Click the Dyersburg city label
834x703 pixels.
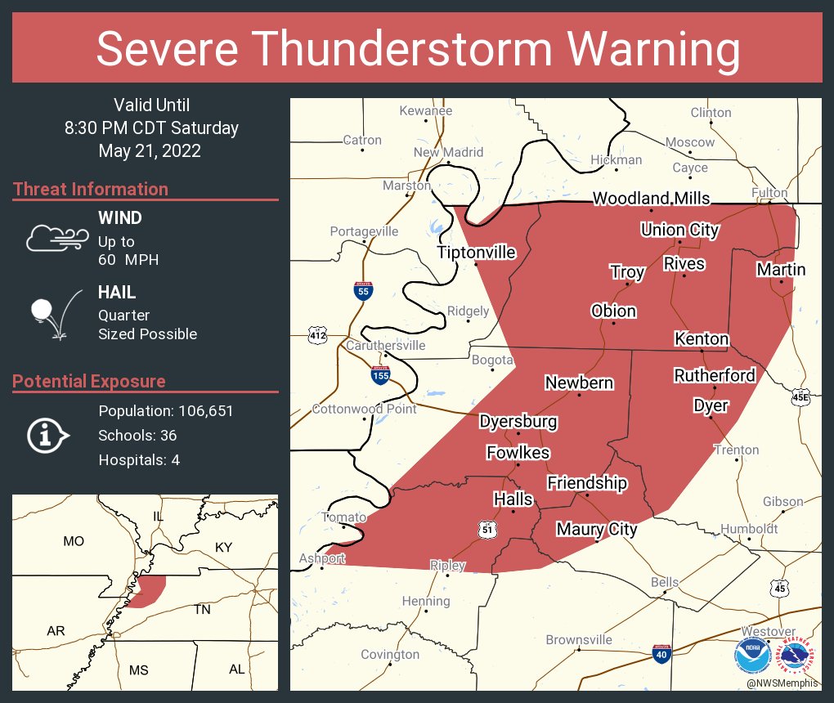pos(518,422)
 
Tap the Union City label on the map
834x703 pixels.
pos(679,230)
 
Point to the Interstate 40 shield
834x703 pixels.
pos(662,653)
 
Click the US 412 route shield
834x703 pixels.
pos(318,335)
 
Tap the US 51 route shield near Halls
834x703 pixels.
pos(487,531)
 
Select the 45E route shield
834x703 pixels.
pos(801,397)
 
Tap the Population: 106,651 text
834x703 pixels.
pos(166,411)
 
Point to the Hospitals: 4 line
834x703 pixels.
pos(139,460)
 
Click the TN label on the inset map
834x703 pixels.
pos(202,610)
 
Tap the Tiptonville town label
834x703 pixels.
pos(477,252)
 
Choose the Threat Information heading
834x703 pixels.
pos(91,189)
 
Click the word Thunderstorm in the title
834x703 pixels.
pos(415,49)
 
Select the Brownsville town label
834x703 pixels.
pos(579,639)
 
